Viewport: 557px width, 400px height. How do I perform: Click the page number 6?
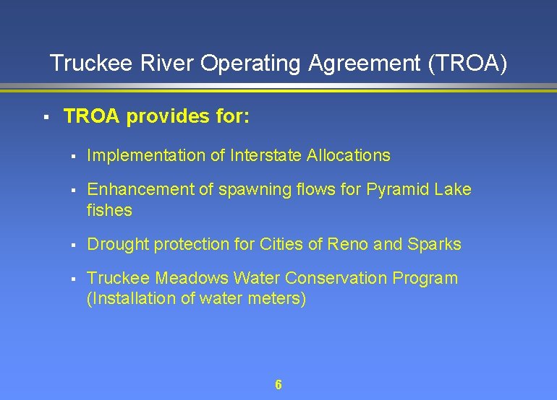(278, 385)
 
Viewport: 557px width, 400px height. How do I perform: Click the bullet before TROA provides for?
(45, 116)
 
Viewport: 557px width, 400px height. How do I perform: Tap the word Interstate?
(266, 155)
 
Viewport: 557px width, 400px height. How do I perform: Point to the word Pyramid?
(396, 190)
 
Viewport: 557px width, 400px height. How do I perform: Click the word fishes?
(109, 210)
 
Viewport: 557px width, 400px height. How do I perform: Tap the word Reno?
(348, 244)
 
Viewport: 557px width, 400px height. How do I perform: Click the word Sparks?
(434, 244)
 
